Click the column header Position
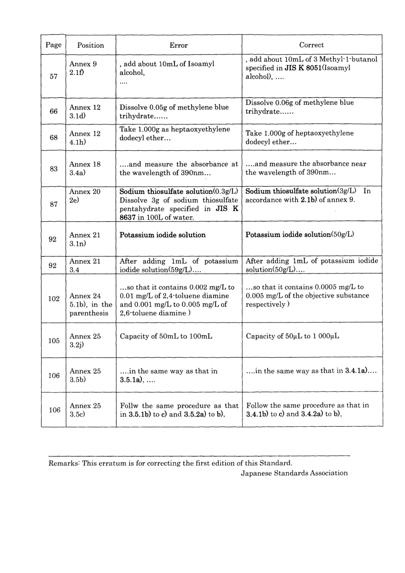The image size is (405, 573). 90,45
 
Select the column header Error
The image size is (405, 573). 179,45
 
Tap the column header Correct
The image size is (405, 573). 311,45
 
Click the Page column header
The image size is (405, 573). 53,45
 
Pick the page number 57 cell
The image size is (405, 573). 54,76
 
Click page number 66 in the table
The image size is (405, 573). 53,111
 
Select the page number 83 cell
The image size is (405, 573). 53,168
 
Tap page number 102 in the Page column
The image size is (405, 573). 54,298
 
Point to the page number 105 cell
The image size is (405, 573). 54,340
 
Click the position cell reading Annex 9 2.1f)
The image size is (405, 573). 83,68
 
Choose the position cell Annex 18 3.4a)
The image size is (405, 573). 85,168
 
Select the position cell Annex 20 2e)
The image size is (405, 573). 85,196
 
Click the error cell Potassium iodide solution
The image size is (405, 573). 162,235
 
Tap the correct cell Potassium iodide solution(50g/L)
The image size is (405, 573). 300,234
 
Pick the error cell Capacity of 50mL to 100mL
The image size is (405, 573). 166,336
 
